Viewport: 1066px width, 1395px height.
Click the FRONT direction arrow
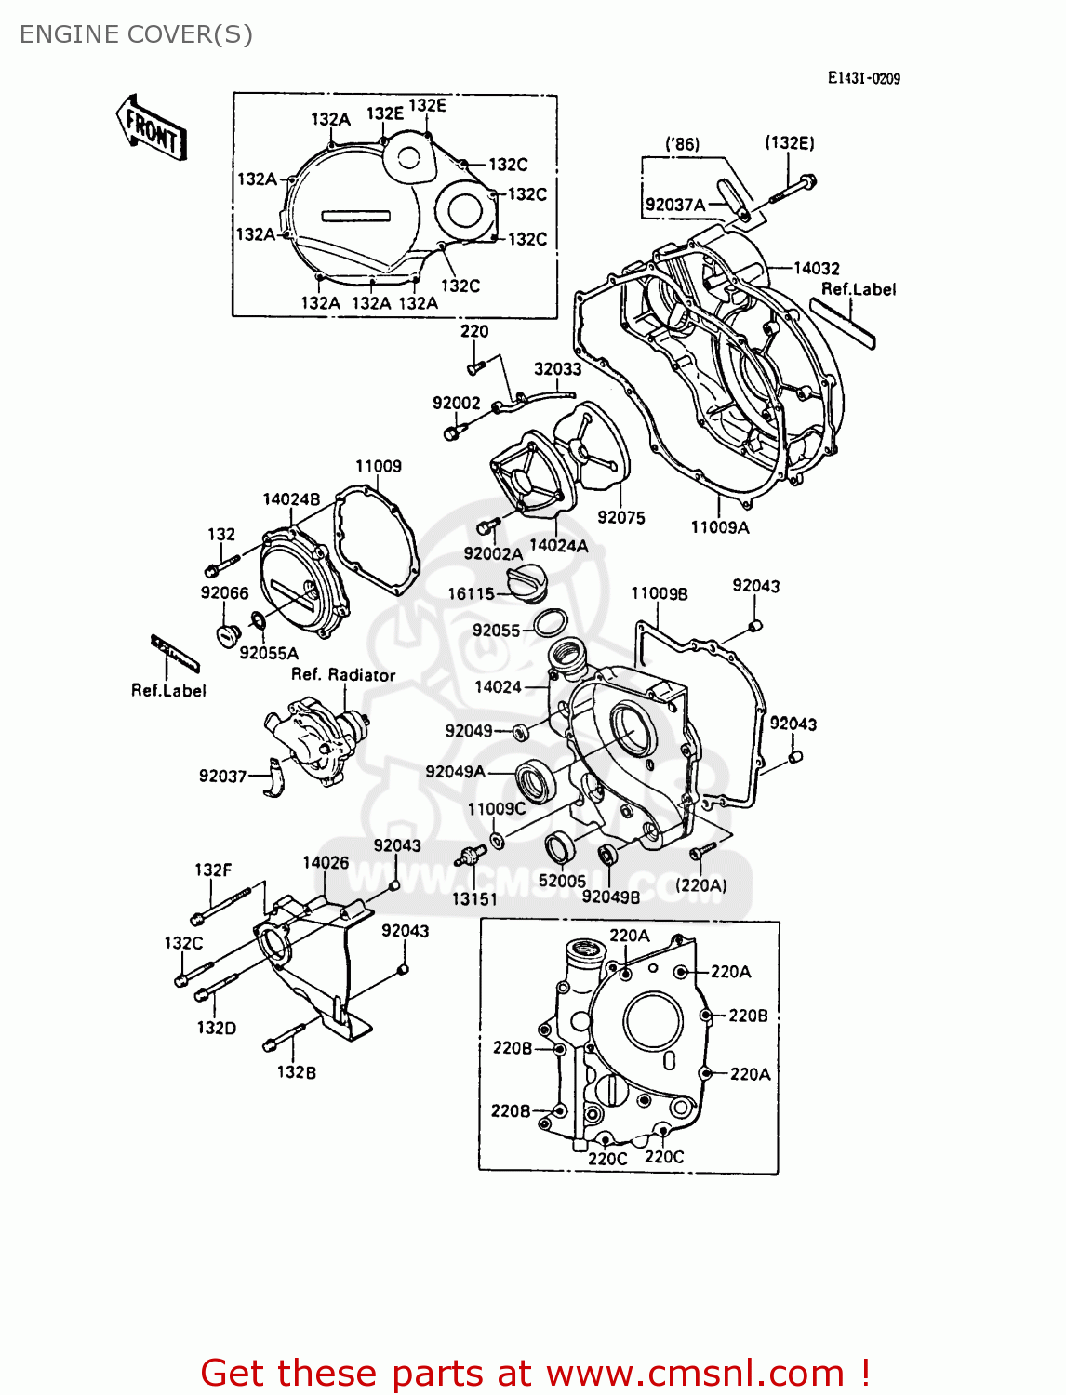(152, 128)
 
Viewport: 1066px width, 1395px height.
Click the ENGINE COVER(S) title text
(136, 34)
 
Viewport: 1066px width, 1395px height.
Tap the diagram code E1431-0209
(863, 79)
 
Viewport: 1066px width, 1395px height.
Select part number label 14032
(816, 269)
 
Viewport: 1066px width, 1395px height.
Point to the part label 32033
(557, 369)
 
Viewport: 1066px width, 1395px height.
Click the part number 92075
(620, 518)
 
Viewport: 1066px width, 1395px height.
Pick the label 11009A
(719, 527)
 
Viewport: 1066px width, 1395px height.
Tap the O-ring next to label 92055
(551, 621)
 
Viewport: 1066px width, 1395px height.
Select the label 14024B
(290, 499)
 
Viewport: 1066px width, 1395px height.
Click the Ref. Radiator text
(343, 675)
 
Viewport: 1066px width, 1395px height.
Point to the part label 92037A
(675, 205)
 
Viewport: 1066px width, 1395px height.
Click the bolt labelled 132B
(284, 1036)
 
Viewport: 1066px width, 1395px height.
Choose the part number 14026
(326, 863)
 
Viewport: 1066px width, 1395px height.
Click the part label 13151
(474, 899)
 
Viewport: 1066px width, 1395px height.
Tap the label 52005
(562, 881)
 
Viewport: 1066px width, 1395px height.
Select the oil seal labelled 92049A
(535, 779)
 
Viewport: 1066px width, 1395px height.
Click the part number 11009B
(659, 594)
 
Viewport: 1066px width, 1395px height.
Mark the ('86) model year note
(682, 144)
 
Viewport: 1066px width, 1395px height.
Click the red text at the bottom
(535, 1373)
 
